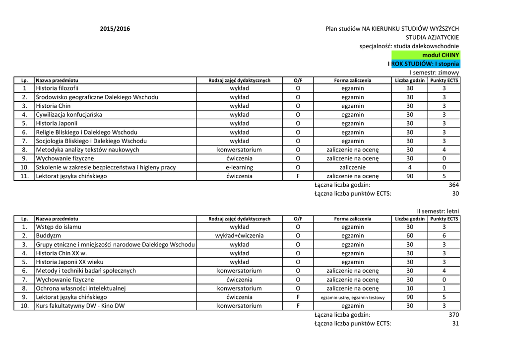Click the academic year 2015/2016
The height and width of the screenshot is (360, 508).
click(x=115, y=29)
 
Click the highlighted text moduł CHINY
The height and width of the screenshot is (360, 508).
click(x=441, y=55)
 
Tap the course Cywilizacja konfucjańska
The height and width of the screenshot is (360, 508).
click(x=69, y=115)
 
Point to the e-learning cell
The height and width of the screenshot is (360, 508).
click(x=239, y=167)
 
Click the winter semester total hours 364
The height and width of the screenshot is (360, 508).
click(x=453, y=185)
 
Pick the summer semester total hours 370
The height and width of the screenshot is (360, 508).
click(x=453, y=315)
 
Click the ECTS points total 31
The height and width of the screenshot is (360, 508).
click(x=455, y=324)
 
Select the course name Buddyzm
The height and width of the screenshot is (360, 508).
click(x=49, y=236)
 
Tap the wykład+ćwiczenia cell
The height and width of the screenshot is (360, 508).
click(x=239, y=236)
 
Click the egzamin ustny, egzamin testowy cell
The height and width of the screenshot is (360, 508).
click(x=352, y=297)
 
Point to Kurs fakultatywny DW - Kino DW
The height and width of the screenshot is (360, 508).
click(x=80, y=306)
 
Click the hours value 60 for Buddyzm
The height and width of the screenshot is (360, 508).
click(x=410, y=236)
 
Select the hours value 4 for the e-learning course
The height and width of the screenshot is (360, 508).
click(x=410, y=167)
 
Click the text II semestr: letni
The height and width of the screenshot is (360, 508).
click(x=438, y=211)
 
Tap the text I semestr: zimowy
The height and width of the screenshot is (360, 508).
click(x=435, y=72)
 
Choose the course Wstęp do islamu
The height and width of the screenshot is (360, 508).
click(x=59, y=227)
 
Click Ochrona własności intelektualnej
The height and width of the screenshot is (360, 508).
click(x=81, y=288)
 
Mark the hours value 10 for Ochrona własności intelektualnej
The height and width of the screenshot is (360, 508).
click(x=410, y=288)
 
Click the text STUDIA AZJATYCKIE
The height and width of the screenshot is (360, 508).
click(x=432, y=37)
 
